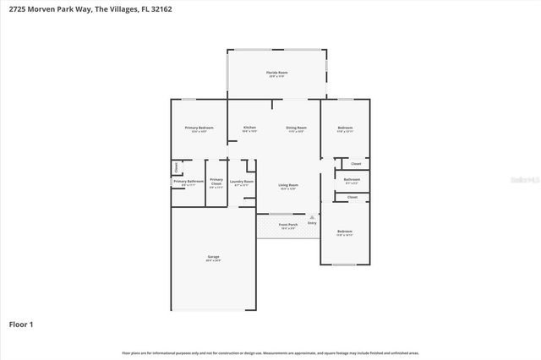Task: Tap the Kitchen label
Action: click(249, 128)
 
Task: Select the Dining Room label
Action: click(296, 128)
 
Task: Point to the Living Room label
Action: click(288, 186)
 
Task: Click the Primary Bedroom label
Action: click(199, 128)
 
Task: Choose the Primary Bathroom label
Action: click(189, 182)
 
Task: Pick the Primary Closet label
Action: click(216, 182)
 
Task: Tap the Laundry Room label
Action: click(243, 182)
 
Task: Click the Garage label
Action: click(213, 259)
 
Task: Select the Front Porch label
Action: click(287, 226)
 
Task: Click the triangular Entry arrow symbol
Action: click(312, 217)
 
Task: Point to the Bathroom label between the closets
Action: click(352, 180)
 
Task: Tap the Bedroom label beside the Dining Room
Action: click(344, 128)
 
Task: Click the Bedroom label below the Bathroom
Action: click(344, 232)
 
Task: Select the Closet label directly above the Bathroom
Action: click(355, 163)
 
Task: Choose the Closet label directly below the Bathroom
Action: click(352, 197)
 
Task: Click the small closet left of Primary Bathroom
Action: click(176, 166)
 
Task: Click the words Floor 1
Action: click(22, 324)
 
